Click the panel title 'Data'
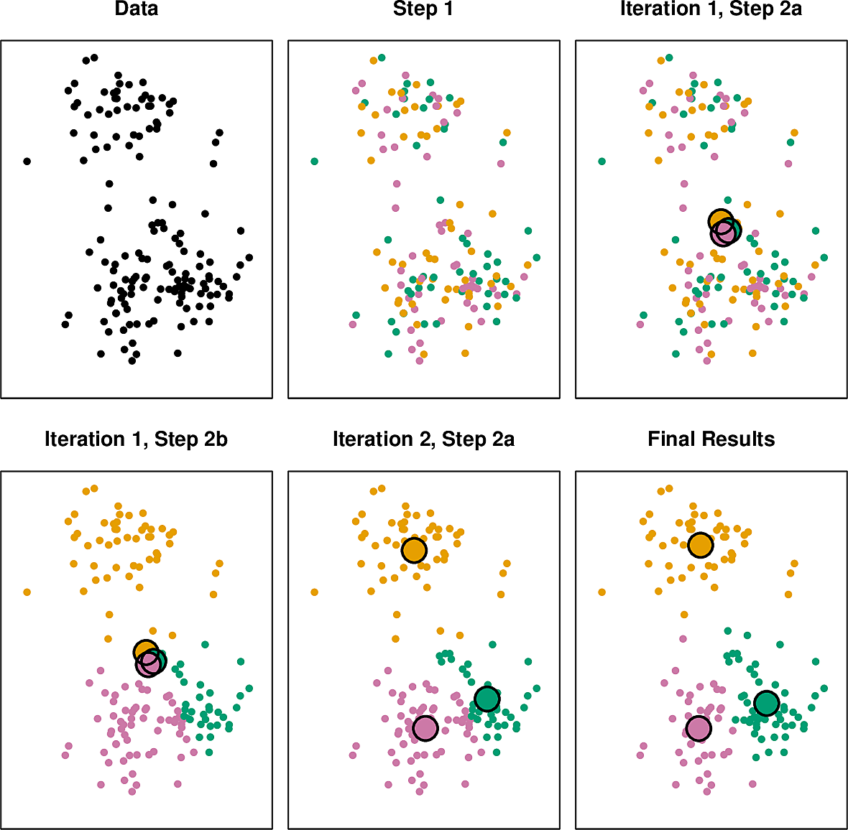[x=136, y=9]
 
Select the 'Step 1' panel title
[x=423, y=9]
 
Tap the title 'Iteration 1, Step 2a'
[x=711, y=9]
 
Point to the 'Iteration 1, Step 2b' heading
[x=136, y=439]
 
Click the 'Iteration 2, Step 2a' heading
[x=423, y=439]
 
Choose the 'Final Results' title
[x=711, y=439]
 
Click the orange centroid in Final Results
[x=700, y=545]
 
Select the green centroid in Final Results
[x=767, y=703]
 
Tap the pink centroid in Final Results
[x=698, y=728]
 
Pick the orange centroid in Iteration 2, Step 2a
[x=414, y=550]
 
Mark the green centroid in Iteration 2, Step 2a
[x=487, y=699]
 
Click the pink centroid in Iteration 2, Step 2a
[x=425, y=728]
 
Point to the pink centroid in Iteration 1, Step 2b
[x=149, y=664]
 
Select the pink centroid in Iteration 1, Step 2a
[x=724, y=233]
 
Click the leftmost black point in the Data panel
[x=27, y=162]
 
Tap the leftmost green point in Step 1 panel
[x=314, y=162]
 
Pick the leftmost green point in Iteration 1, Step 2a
[x=602, y=162]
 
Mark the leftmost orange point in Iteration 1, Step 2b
[x=27, y=592]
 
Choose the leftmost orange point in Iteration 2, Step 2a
[x=314, y=592]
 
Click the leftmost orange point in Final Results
[x=602, y=592]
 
